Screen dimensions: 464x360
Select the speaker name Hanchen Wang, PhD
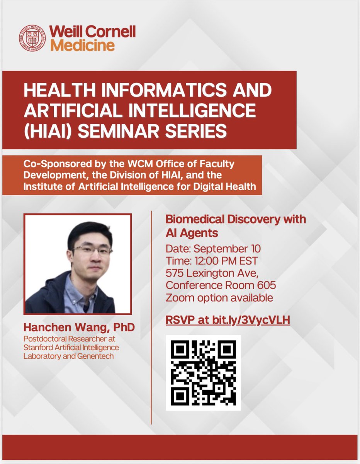click(79, 328)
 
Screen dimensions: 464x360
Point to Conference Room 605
click(221, 286)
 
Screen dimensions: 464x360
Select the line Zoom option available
click(219, 298)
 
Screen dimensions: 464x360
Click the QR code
click(204, 372)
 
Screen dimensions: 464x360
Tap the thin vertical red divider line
click(151, 317)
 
